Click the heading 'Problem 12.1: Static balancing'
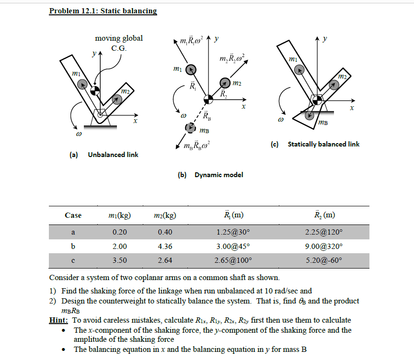click(x=103, y=11)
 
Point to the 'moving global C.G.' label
click(x=118, y=43)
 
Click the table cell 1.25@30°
click(x=233, y=233)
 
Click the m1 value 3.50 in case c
click(x=119, y=261)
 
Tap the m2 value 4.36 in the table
click(x=165, y=247)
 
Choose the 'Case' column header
click(x=73, y=215)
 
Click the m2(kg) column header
click(x=165, y=215)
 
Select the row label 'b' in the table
click(x=73, y=247)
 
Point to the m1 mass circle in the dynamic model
click(x=190, y=69)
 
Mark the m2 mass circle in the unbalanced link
click(x=115, y=99)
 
